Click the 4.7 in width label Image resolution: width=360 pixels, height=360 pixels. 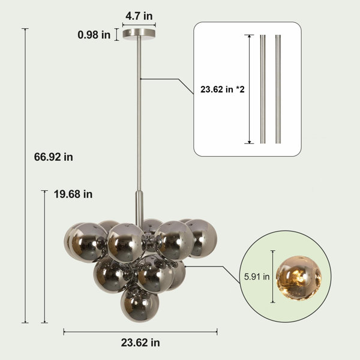pos(139,16)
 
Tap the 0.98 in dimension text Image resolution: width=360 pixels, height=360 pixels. pos(94,35)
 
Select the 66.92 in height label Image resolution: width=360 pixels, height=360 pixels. pos(53,157)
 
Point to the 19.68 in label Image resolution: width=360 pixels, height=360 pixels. pos(73,194)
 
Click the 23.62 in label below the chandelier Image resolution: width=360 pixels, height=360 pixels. pos(140,343)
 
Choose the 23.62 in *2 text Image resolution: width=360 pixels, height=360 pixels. pos(223,89)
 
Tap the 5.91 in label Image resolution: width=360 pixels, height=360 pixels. pos(257,277)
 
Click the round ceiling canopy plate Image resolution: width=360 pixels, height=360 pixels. pos(139,34)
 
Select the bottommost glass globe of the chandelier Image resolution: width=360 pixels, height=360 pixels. pos(140,304)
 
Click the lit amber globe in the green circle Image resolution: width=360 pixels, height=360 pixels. pos(298,278)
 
